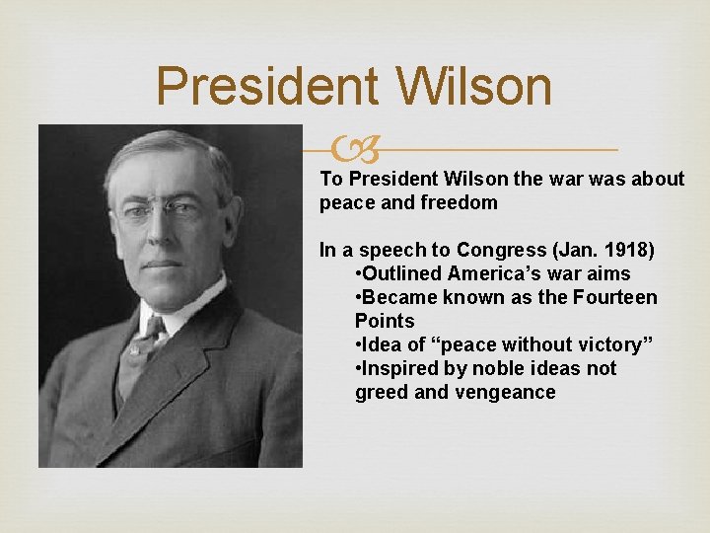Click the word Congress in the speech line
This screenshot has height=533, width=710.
click(x=468, y=250)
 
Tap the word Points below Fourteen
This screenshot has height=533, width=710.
click(x=385, y=321)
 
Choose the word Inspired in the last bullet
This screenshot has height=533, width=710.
click(x=399, y=368)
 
